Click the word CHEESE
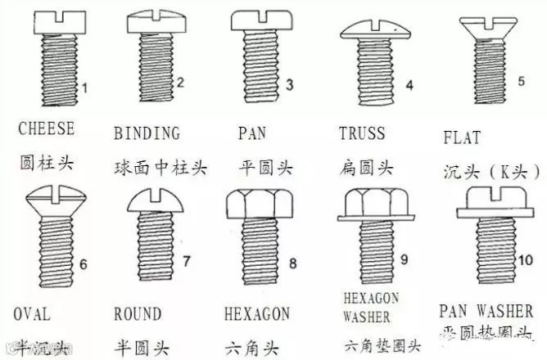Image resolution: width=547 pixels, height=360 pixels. pos(46,128)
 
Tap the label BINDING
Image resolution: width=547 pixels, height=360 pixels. pos(147,133)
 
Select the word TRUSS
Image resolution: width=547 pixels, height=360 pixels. pos(362,133)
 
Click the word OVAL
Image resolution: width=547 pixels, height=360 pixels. pos(32,314)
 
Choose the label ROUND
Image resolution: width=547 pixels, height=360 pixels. pos(137,314)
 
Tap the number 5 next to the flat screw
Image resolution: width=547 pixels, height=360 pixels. pos(521,81)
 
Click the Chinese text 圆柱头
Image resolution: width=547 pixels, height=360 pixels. pos(46,163)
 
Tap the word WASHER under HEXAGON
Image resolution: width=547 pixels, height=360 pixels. pos(367,316)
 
